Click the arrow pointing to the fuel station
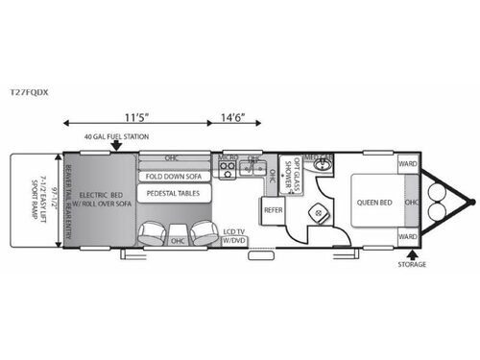(115, 145)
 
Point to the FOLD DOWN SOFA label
(172, 177)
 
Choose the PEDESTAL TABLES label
(171, 194)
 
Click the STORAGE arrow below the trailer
(410, 253)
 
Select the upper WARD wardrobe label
(406, 164)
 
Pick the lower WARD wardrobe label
(406, 237)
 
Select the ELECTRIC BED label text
(98, 193)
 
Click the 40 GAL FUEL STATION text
(116, 136)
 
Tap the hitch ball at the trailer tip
(471, 202)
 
